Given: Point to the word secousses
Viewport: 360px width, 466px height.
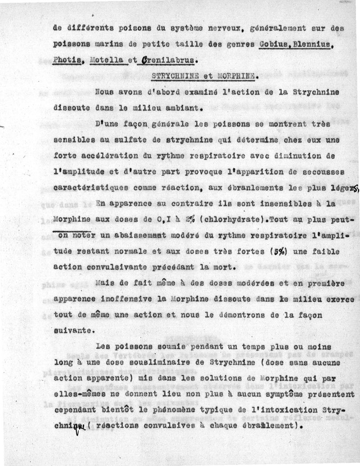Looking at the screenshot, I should [x=321, y=172].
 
